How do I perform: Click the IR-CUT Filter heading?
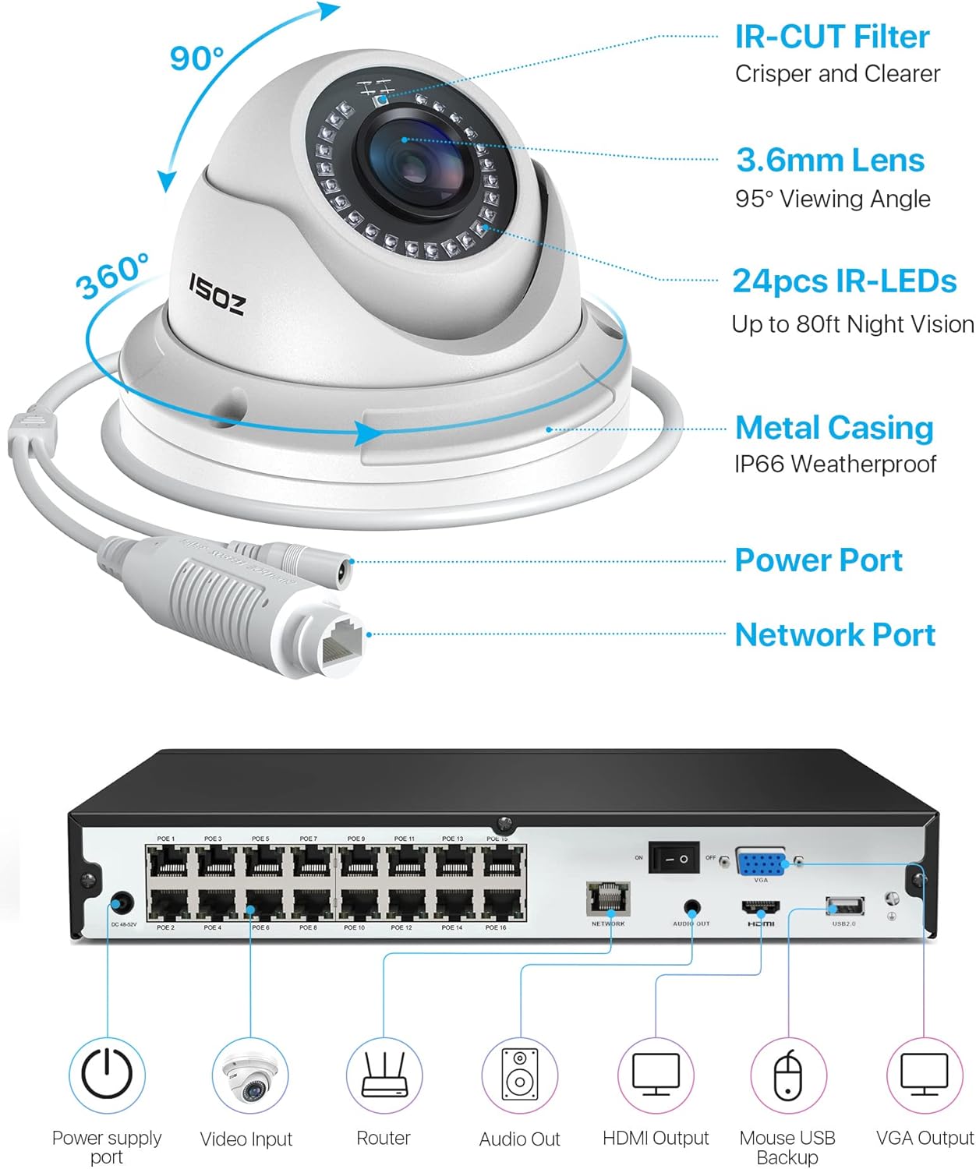[832, 37]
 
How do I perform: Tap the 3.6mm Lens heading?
[830, 160]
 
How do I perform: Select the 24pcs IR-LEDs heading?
[844, 281]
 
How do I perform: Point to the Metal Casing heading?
[834, 428]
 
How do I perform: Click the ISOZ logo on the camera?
[217, 294]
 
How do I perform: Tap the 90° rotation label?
[196, 58]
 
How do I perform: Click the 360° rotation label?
[112, 277]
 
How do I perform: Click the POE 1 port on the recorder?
[168, 862]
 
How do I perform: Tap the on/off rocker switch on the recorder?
[674, 858]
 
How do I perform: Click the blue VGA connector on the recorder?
[761, 863]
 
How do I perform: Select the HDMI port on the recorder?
[760, 908]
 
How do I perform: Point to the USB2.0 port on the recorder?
[844, 906]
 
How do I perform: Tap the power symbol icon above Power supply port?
[107, 1075]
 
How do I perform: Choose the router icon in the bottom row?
[384, 1075]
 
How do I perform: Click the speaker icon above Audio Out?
[519, 1075]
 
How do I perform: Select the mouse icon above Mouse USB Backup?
[787, 1075]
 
